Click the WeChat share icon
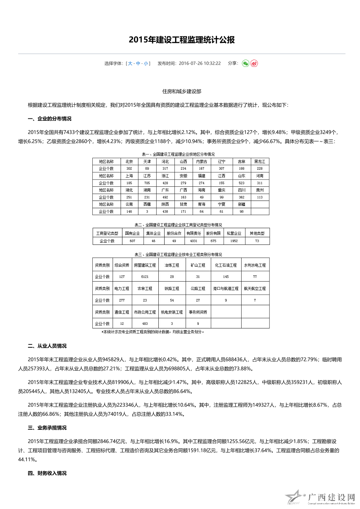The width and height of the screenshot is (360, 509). click(246, 64)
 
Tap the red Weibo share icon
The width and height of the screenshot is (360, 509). click(254, 64)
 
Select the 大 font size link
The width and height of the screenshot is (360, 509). click(130, 64)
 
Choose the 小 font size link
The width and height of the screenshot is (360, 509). click(146, 64)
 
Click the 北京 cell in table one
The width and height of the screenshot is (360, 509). click(129, 162)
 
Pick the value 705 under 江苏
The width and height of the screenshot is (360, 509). click(147, 183)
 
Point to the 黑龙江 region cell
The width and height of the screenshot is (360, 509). click(259, 162)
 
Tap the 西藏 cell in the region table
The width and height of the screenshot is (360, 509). click(147, 205)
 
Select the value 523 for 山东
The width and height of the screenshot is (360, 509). click(242, 183)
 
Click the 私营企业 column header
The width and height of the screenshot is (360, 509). click(234, 234)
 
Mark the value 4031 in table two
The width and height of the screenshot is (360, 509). click(194, 241)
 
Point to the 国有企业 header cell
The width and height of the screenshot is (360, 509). click(132, 234)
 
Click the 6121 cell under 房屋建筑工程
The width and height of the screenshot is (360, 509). click(145, 277)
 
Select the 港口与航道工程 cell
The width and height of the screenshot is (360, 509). click(226, 289)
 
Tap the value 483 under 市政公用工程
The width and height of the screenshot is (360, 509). click(145, 324)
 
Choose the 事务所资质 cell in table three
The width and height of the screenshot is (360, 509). click(198, 312)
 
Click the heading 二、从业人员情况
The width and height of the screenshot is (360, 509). click(47, 346)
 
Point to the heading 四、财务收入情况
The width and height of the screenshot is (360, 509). click(47, 473)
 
